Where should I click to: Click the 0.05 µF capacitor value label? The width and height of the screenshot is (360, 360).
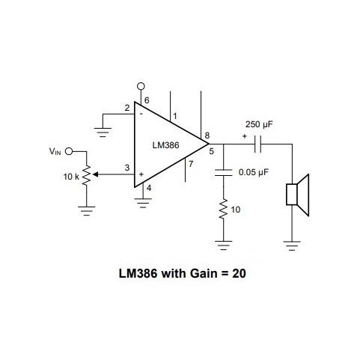pos(253,172)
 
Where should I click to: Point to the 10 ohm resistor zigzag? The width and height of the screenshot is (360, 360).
pos(222,210)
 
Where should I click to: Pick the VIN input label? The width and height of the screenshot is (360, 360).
pos(55,151)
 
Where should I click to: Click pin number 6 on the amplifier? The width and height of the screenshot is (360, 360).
pos(147,99)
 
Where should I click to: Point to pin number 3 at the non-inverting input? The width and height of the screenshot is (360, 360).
pos(126,168)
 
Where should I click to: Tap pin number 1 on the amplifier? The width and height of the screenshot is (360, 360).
pos(175,116)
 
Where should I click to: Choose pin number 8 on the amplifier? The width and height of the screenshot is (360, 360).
pos(207,135)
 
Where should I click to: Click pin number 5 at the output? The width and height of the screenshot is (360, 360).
pos(212,152)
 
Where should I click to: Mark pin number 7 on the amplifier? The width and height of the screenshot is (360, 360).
pos(192,163)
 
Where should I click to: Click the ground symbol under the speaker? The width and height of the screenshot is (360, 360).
pos(292,244)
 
